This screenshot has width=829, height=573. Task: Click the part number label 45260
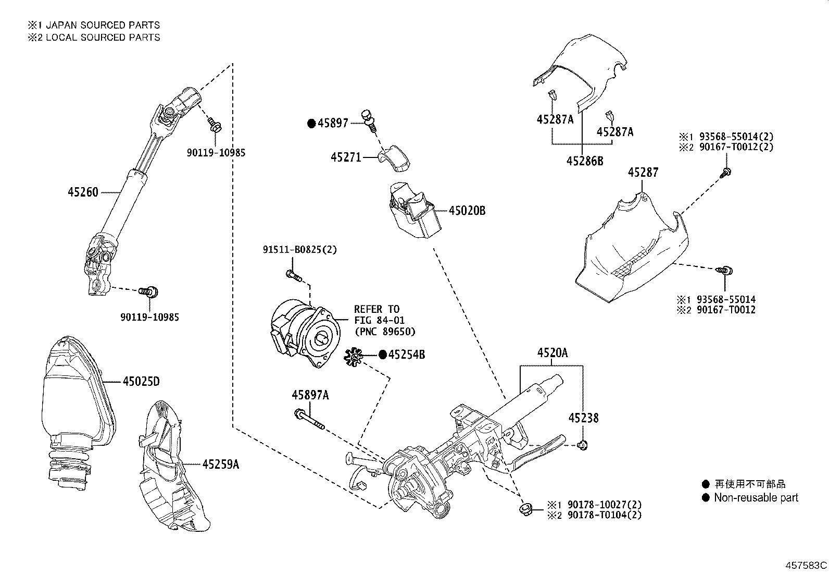pyautogui.click(x=82, y=192)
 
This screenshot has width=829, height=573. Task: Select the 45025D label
pyautogui.click(x=141, y=382)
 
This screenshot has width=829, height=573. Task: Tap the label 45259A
pyautogui.click(x=220, y=464)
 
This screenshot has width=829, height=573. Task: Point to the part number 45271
pyautogui.click(x=345, y=156)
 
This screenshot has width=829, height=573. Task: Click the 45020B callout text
pyautogui.click(x=467, y=211)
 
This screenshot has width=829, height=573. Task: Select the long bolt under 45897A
pyautogui.click(x=309, y=420)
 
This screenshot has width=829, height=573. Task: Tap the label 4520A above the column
pyautogui.click(x=552, y=353)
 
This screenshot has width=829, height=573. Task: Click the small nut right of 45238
pyautogui.click(x=583, y=445)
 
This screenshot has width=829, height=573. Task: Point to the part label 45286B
pyautogui.click(x=584, y=161)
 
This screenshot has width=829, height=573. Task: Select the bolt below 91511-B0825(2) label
pyautogui.click(x=294, y=275)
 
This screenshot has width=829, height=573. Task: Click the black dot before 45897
pyautogui.click(x=311, y=123)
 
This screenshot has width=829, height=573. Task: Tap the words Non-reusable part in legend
pyautogui.click(x=756, y=497)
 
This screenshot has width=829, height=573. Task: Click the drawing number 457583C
pyautogui.click(x=806, y=565)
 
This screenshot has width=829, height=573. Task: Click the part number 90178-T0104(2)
pyautogui.click(x=604, y=515)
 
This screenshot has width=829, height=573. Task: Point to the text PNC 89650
pyautogui.click(x=385, y=332)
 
